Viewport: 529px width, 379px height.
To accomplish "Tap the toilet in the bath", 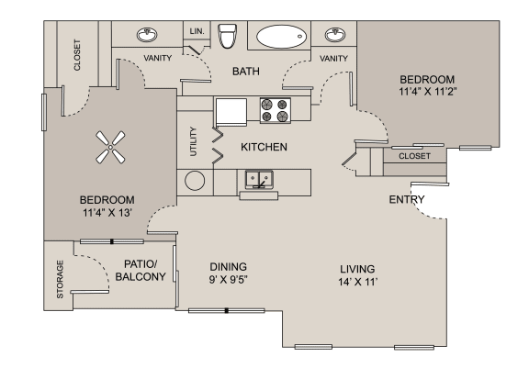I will pyautogui.click(x=228, y=36).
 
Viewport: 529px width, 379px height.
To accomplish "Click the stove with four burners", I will pyautogui.click(x=274, y=110).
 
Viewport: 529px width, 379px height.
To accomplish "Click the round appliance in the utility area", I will pyautogui.click(x=194, y=180).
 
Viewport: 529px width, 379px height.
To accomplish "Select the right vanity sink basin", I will pyautogui.click(x=334, y=36).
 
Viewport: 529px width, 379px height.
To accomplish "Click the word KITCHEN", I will pyautogui.click(x=264, y=147).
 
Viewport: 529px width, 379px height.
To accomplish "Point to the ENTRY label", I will pyautogui.click(x=406, y=200).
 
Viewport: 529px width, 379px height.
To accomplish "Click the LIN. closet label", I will pyautogui.click(x=197, y=31).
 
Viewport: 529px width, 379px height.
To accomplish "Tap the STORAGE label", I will pyautogui.click(x=61, y=279).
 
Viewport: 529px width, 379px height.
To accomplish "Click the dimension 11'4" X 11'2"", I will pyautogui.click(x=430, y=92).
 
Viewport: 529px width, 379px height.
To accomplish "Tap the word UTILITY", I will pyautogui.click(x=193, y=141).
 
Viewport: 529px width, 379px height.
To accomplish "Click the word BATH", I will pyautogui.click(x=245, y=71).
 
